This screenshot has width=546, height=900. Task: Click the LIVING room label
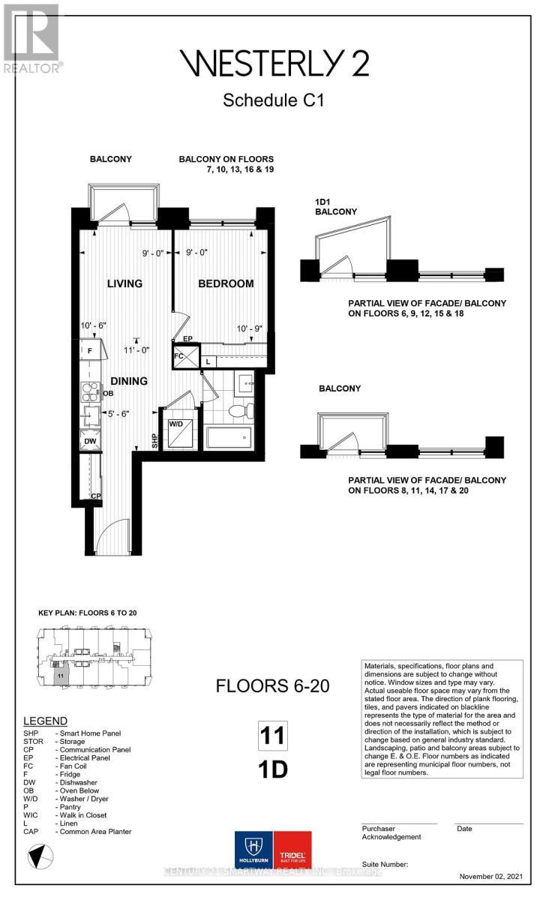pos(124,283)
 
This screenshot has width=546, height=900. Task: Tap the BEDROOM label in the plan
pos(226,283)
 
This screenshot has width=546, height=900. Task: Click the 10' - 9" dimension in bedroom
pos(249,328)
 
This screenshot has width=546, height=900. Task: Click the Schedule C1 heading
pos(273,100)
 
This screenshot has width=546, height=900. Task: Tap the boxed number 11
pos(274,735)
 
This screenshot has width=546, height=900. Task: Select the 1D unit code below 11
pos(274,770)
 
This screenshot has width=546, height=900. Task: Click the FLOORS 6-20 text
pos(272,685)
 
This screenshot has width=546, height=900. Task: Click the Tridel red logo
pos(292,853)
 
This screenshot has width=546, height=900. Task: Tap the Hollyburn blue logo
pos(253,853)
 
